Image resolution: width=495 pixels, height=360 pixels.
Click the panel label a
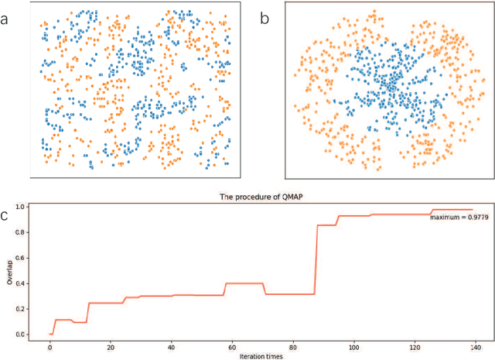(7, 19)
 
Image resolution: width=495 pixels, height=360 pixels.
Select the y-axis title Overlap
(9, 270)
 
